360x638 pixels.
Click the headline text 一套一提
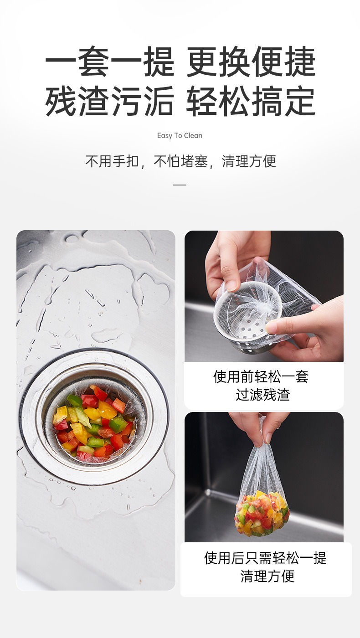(x=110, y=62)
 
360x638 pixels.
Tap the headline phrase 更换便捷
(x=251, y=62)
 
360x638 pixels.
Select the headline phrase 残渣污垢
(x=110, y=101)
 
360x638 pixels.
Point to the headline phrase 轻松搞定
(x=251, y=101)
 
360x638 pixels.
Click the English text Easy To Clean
(x=180, y=135)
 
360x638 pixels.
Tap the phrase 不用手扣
(x=112, y=161)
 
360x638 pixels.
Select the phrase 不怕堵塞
(x=180, y=161)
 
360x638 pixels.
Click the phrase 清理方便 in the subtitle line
(x=249, y=161)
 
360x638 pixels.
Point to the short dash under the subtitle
(x=180, y=185)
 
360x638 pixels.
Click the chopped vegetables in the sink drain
(x=93, y=424)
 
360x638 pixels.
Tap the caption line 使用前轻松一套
(x=261, y=376)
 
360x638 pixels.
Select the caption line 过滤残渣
(x=263, y=395)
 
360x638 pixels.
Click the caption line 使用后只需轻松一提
(x=266, y=558)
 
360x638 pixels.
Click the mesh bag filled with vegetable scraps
(x=262, y=513)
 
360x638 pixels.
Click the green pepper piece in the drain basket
(x=118, y=425)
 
